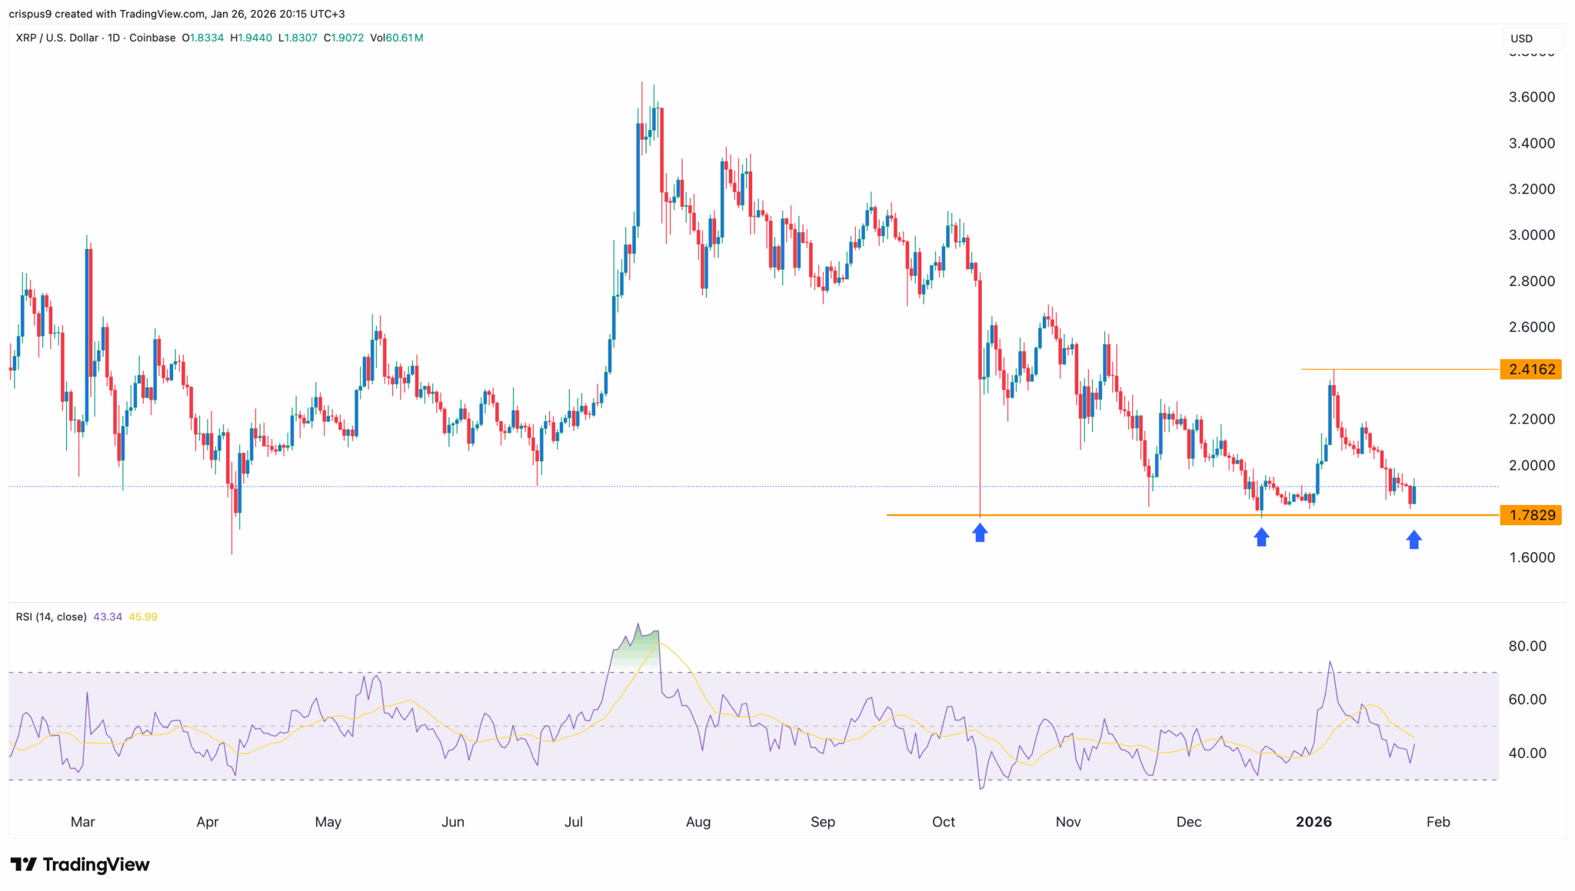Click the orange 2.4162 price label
(x=1530, y=370)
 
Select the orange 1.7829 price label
(x=1530, y=515)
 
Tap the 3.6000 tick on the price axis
(x=1532, y=97)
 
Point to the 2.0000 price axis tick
(x=1532, y=465)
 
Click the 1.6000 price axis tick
(x=1532, y=557)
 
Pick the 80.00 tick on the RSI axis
(x=1527, y=646)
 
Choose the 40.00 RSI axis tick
(x=1527, y=753)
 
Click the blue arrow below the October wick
(x=980, y=533)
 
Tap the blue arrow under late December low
(x=1261, y=537)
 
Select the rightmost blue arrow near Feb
(x=1414, y=540)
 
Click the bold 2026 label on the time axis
(x=1314, y=822)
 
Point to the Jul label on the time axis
(x=574, y=822)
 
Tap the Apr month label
(x=208, y=822)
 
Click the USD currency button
(x=1522, y=38)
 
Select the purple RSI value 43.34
(x=108, y=617)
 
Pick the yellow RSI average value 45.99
(x=143, y=617)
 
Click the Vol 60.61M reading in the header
(x=396, y=38)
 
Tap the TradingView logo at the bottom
(x=81, y=865)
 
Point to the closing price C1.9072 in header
(x=344, y=38)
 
